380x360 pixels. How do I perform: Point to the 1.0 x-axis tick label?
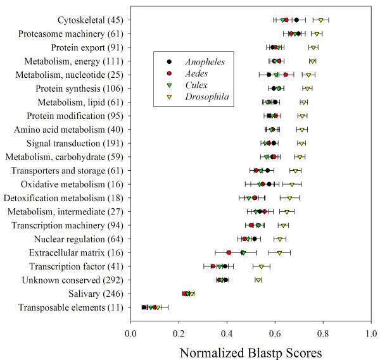tap(372, 335)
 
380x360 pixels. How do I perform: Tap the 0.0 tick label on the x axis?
tap(131, 335)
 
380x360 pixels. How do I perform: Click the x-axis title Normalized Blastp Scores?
tap(251, 352)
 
